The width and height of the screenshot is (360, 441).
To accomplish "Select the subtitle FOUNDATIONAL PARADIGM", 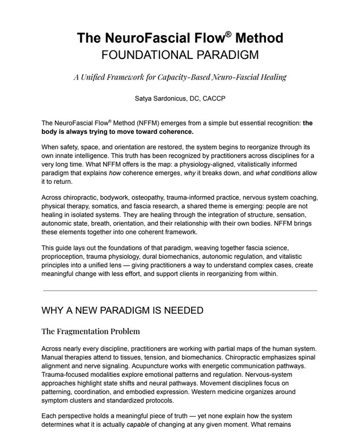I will click(180, 56).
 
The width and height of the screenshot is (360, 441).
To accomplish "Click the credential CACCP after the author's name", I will click(213, 98).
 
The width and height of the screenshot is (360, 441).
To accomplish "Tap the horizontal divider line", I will click(180, 291).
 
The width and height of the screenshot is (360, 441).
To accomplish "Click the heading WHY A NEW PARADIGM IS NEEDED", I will click(122, 310).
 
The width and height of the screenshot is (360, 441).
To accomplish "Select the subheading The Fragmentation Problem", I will click(91, 331).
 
